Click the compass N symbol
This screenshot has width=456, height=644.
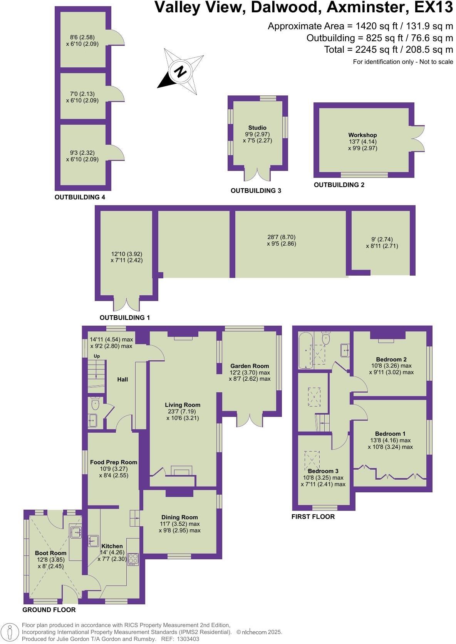click(x=180, y=72)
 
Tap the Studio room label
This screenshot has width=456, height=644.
click(x=257, y=127)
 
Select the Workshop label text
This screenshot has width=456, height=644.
click(x=362, y=135)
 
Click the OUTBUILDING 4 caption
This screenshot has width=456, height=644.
click(x=80, y=197)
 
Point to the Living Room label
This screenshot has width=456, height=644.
click(x=183, y=405)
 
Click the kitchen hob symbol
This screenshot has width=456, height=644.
click(x=133, y=559)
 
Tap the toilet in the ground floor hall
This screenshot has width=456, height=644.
click(x=95, y=404)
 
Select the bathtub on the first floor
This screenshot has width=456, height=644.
click(x=307, y=350)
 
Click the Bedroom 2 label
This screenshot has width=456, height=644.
click(x=391, y=359)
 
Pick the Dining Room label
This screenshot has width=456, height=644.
click(x=179, y=517)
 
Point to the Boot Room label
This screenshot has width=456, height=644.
click(x=50, y=553)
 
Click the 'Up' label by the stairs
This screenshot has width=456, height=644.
click(x=97, y=356)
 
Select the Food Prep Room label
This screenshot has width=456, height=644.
click(x=114, y=462)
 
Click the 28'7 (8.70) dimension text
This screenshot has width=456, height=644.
click(x=281, y=237)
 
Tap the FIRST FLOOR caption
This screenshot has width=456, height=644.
click(x=313, y=517)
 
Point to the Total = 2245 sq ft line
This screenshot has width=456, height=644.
click(x=388, y=50)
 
